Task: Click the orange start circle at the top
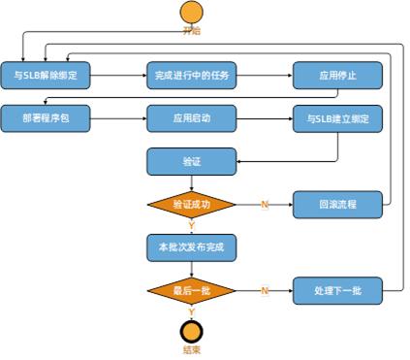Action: click(192, 13)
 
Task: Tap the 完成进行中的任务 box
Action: click(191, 76)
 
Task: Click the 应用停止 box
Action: click(337, 76)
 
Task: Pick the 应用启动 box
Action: click(191, 118)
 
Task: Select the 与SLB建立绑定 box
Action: click(337, 118)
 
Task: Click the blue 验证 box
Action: click(191, 161)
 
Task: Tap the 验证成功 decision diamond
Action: click(191, 205)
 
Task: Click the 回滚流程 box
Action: click(337, 205)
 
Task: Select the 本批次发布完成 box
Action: click(191, 247)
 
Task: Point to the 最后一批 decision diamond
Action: click(191, 290)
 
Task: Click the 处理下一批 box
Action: click(337, 290)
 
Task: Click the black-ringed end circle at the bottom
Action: click(192, 331)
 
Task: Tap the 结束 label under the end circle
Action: click(192, 351)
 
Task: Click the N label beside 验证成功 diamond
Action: click(264, 205)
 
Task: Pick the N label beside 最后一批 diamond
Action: click(264, 290)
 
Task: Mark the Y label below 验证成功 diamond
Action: click(192, 225)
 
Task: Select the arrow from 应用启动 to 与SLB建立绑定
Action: click(264, 118)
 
